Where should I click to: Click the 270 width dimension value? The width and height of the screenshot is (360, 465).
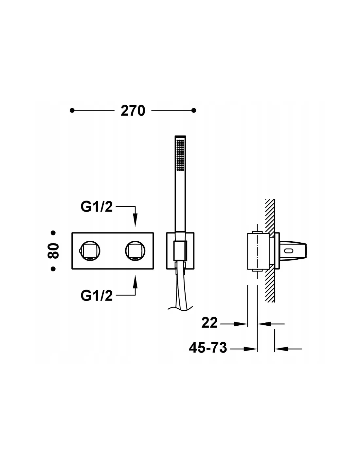[133, 111]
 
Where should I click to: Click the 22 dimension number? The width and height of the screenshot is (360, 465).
[209, 323]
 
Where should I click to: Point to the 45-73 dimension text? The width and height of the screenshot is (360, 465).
[208, 348]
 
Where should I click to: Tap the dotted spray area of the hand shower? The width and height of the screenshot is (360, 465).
[180, 155]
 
